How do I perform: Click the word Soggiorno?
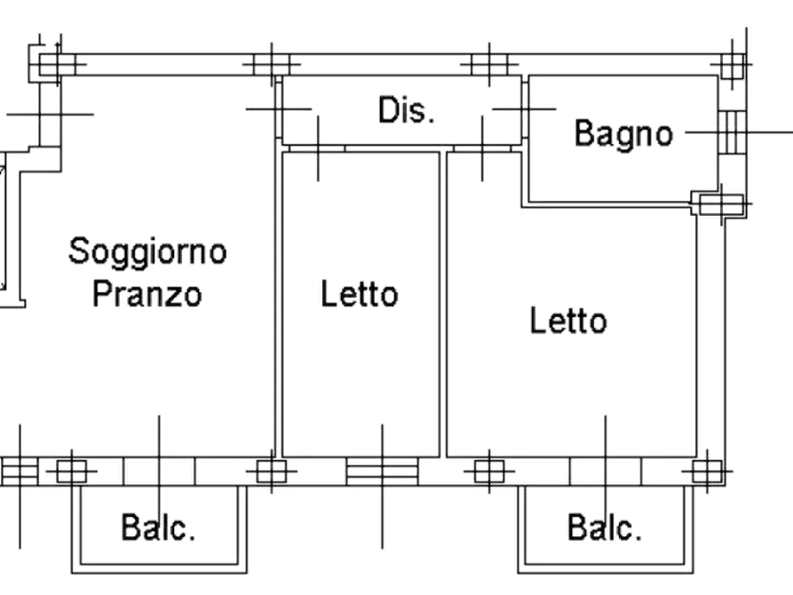point(149,251)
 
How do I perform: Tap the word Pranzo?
point(149,292)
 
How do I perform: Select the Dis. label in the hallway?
point(408,111)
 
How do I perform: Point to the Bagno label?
point(623,134)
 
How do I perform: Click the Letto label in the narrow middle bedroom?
point(359,293)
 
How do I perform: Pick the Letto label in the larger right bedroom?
point(569,321)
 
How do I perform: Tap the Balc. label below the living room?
point(160,529)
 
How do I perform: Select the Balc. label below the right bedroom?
point(607,529)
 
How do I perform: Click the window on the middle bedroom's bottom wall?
point(382,471)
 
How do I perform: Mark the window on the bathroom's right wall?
point(734,133)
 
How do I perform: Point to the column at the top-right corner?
point(734,64)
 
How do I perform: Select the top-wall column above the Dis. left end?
point(270,64)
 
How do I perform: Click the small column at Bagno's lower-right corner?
point(715,205)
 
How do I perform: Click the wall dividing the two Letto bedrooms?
point(441,302)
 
